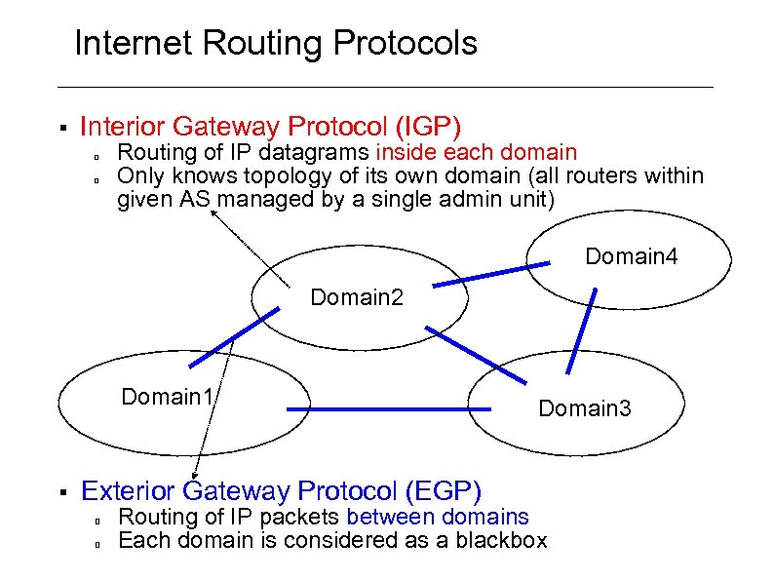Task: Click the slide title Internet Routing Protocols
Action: [276, 44]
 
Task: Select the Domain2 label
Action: [356, 296]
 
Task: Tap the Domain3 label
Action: [585, 408]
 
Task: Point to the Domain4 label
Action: [631, 257]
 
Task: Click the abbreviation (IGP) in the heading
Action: [428, 127]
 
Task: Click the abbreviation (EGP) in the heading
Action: [445, 491]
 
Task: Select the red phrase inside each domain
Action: [477, 152]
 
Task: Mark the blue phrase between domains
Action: [438, 517]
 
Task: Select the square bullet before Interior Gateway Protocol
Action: [60, 128]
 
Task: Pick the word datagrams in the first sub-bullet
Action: [321, 152]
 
